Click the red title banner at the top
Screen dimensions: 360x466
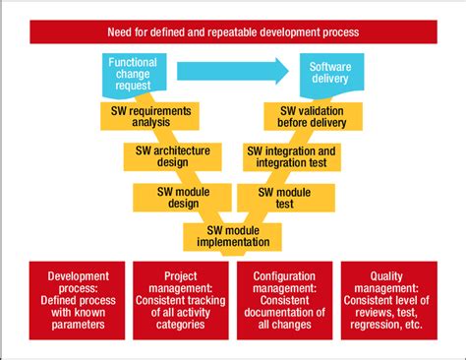pos(233,32)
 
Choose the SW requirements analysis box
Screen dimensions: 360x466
pos(147,117)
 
